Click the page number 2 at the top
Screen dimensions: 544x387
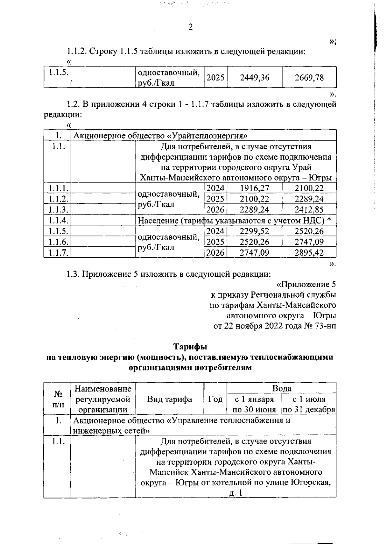190,27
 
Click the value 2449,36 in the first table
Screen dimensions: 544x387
255,77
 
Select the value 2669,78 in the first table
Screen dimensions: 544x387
309,77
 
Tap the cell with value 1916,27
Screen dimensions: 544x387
255,188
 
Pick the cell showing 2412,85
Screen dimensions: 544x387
309,210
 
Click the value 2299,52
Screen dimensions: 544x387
255,231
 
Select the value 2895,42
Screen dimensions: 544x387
309,252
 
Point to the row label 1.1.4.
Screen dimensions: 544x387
57,221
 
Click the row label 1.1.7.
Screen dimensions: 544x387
57,252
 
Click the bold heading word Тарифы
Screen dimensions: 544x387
190,347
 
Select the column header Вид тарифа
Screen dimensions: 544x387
170,399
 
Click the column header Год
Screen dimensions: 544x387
215,399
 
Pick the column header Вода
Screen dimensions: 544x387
282,388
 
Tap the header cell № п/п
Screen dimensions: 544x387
57,399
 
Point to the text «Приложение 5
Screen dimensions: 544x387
306,284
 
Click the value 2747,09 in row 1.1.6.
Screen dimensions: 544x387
309,242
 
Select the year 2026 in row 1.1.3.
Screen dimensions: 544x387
215,210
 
